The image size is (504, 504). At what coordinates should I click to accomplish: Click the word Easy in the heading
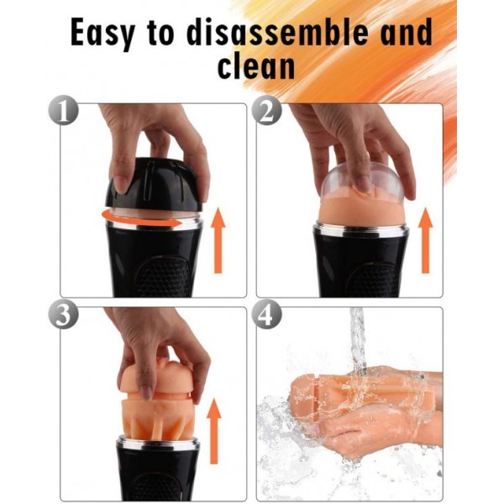click(x=102, y=33)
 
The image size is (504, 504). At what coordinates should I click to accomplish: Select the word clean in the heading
click(x=256, y=66)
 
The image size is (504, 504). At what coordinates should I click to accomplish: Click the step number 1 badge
click(x=63, y=110)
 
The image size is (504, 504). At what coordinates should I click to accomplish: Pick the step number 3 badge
click(x=63, y=314)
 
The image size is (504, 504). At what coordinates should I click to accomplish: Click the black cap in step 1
click(x=155, y=185)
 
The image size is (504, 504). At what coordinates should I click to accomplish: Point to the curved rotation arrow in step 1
click(x=141, y=219)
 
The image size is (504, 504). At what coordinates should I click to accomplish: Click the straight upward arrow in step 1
click(x=218, y=240)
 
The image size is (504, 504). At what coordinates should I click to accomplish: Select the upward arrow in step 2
click(x=426, y=240)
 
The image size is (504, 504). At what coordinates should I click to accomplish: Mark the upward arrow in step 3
click(x=214, y=431)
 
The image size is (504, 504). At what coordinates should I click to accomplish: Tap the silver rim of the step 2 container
click(x=361, y=229)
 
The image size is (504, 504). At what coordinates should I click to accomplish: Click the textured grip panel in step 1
click(x=163, y=276)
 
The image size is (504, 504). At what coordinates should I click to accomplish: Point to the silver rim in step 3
click(x=158, y=444)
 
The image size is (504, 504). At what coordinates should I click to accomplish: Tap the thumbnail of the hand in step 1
click(x=121, y=184)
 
